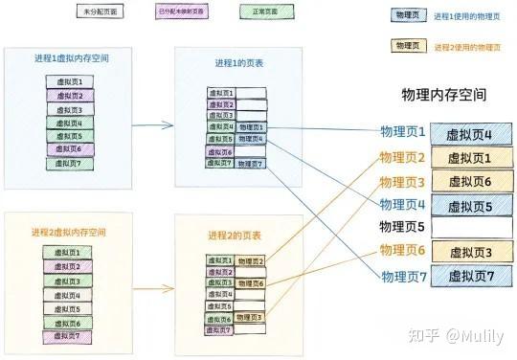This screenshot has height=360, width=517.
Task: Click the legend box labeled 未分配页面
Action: click(100, 13)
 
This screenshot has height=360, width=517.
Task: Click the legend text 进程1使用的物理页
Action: click(466, 16)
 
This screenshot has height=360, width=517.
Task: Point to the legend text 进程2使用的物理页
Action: click(466, 46)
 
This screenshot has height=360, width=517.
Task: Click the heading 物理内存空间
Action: click(444, 96)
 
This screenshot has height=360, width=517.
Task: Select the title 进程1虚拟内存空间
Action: click(70, 59)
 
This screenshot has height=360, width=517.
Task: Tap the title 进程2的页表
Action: click(236, 236)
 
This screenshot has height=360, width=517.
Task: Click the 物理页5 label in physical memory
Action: click(401, 227)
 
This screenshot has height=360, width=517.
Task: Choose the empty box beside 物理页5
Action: click(472, 228)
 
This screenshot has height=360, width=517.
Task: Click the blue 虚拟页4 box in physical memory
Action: click(472, 134)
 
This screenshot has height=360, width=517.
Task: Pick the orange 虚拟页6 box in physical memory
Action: click(472, 181)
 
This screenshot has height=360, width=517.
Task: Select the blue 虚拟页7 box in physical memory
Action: click(472, 276)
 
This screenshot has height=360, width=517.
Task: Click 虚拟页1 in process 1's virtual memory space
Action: click(70, 82)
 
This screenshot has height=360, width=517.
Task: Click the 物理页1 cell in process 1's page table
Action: click(252, 127)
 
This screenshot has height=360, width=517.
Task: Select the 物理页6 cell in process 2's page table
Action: click(251, 283)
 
